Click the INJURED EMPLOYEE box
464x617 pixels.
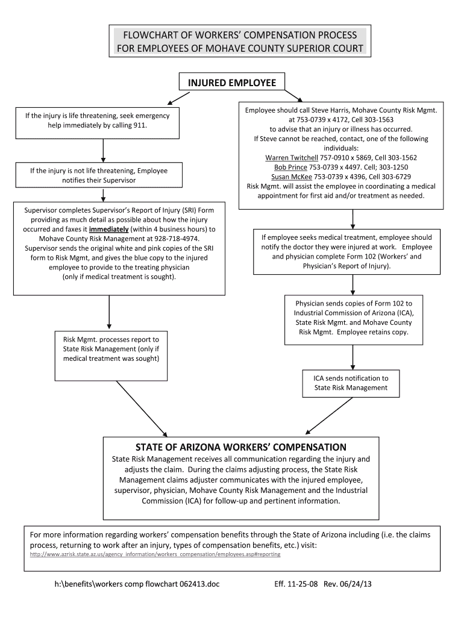[233, 83]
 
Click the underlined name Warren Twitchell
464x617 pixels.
[287, 158]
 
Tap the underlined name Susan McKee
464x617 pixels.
[291, 177]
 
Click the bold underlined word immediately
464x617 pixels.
[109, 230]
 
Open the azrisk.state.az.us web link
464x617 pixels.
[155, 554]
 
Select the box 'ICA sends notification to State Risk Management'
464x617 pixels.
[351, 383]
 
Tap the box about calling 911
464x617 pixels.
[97, 121]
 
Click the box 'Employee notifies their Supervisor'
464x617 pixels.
[99, 175]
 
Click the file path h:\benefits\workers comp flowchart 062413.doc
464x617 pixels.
[134, 584]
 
